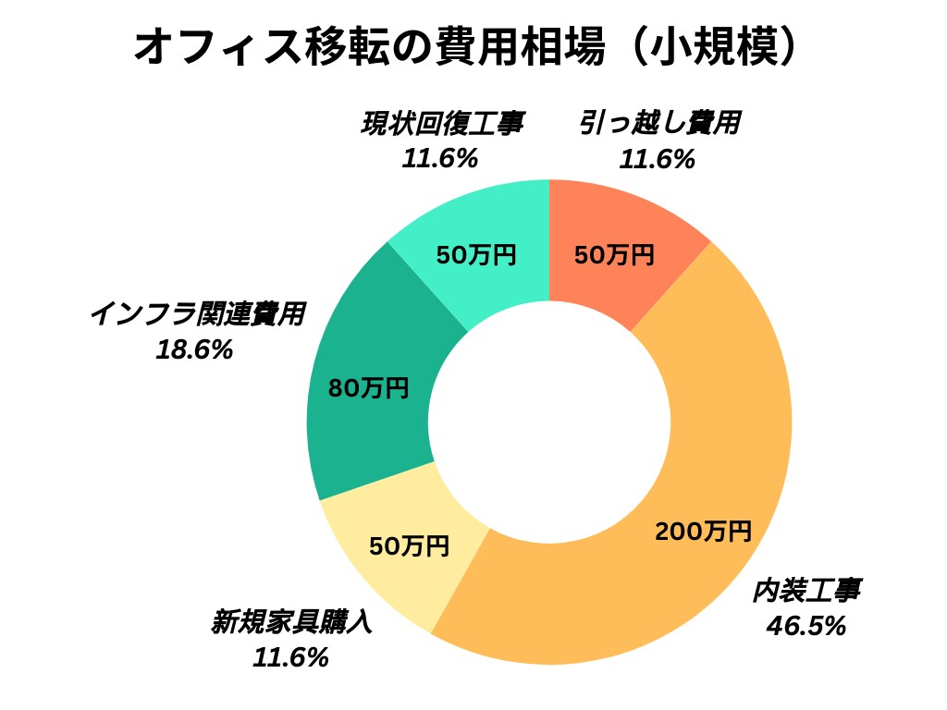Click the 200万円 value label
[703, 532]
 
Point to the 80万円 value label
[368, 389]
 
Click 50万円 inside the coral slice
[614, 255]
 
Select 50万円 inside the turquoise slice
[476, 255]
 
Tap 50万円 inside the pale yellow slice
[409, 546]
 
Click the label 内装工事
[806, 591]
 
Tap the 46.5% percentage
[806, 626]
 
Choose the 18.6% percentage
[195, 350]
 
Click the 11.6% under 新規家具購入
[290, 657]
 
